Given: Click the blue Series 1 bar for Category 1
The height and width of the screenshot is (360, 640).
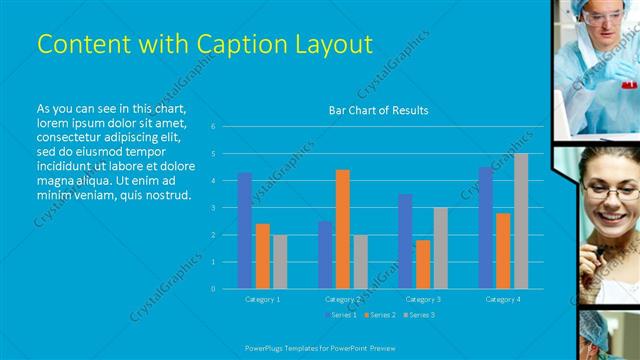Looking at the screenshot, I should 245,230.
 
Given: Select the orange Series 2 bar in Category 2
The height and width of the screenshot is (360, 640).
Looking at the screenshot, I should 343,229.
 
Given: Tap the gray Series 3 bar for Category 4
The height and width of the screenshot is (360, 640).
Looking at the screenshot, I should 521,221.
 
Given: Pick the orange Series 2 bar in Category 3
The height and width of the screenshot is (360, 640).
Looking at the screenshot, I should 423,264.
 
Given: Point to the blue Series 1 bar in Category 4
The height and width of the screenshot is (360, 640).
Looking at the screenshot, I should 485,228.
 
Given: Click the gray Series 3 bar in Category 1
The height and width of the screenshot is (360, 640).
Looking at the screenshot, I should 280,262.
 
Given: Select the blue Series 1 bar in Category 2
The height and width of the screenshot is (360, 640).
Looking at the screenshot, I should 325,255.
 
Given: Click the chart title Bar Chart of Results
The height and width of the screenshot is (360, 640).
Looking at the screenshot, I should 378,110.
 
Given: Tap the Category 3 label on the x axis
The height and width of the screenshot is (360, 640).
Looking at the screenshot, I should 423,299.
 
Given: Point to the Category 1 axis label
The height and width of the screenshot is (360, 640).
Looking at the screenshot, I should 263,299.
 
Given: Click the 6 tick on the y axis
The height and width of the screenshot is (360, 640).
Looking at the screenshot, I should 213,127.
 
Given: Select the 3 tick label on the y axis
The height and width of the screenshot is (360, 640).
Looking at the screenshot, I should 213,208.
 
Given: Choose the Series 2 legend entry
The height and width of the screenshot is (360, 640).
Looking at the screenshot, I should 380,315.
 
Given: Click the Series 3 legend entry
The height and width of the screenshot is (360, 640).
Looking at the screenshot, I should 420,315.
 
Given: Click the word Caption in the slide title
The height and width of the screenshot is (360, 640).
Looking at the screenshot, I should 216,44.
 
